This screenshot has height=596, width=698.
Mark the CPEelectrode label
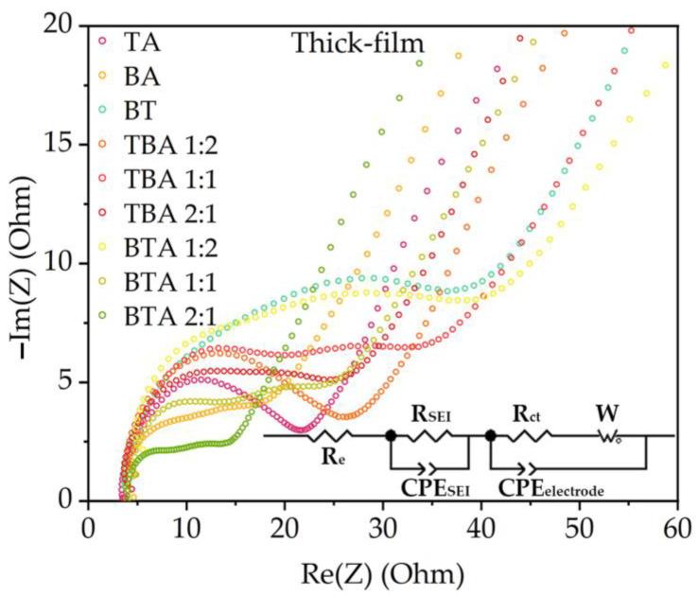554,488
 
